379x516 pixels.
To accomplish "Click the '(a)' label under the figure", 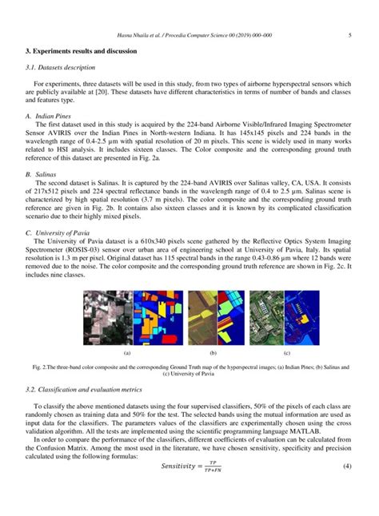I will pyautogui.click(x=104, y=375).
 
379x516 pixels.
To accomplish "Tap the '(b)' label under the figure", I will pyautogui.click(x=189, y=375).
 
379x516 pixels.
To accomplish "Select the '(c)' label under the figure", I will pyautogui.click(x=265, y=375).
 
